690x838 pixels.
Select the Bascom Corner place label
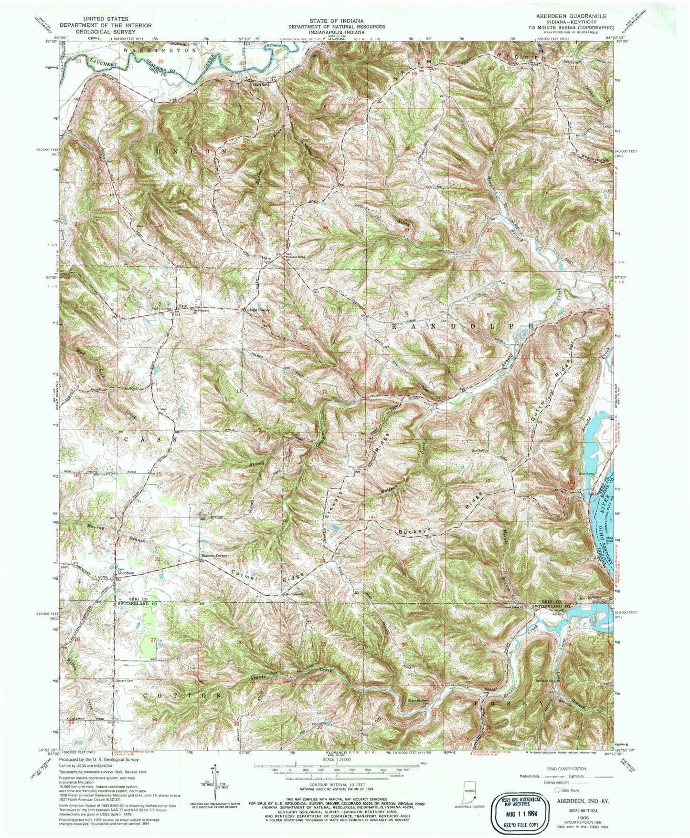pos(213,556)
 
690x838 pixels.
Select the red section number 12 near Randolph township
pos(324,392)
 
